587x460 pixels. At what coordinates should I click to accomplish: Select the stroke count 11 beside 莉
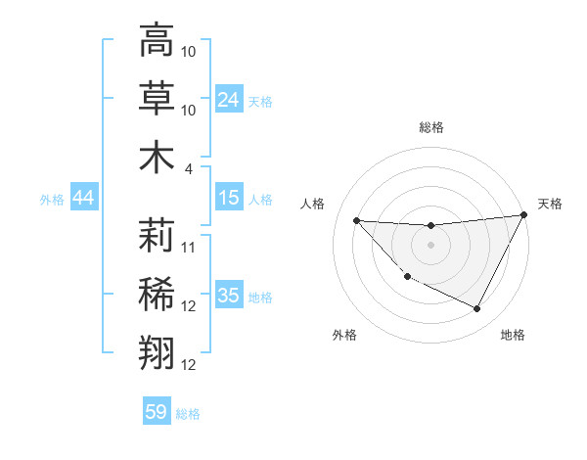tap(189, 246)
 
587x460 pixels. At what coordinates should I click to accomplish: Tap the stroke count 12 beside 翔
tap(189, 365)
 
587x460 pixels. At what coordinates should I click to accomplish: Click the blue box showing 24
tap(229, 99)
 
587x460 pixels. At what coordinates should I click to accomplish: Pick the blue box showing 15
tap(229, 198)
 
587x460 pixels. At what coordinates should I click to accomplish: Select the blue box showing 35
tap(229, 296)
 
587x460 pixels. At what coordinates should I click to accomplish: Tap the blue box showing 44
tap(83, 198)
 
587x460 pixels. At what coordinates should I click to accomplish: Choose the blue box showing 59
tap(157, 412)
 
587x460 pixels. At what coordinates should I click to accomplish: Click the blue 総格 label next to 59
tap(188, 414)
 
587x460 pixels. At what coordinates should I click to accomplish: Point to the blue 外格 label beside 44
tap(52, 200)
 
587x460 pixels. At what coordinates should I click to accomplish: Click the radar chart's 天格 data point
tap(524, 216)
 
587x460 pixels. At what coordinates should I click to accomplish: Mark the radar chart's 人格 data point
tap(356, 220)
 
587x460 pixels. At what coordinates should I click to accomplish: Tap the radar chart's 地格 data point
tap(477, 309)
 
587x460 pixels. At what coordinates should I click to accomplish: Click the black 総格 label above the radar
tap(430, 127)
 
